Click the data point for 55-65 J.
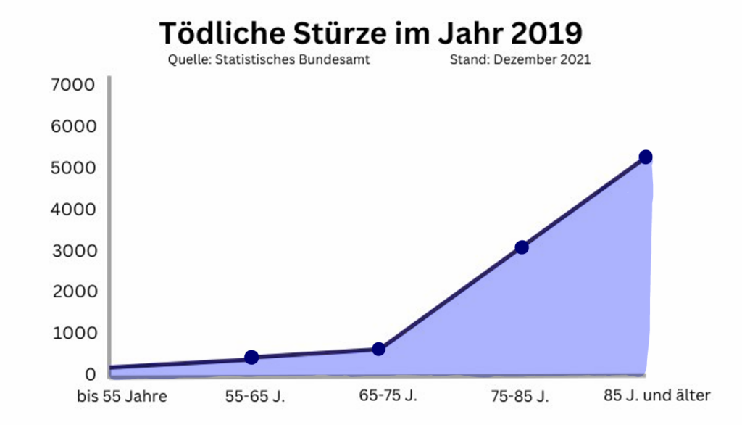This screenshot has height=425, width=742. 251,357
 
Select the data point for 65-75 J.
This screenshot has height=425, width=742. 378,349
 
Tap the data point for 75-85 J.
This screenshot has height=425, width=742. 521,247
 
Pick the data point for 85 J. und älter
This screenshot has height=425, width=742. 645,157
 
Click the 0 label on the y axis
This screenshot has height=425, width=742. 90,374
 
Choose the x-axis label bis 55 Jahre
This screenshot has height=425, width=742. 122,396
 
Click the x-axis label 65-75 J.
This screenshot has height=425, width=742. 388,395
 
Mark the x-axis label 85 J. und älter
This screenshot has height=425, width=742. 657,395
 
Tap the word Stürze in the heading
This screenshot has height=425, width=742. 344,33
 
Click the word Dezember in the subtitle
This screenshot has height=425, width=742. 525,60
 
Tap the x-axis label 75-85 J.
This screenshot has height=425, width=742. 520,396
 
